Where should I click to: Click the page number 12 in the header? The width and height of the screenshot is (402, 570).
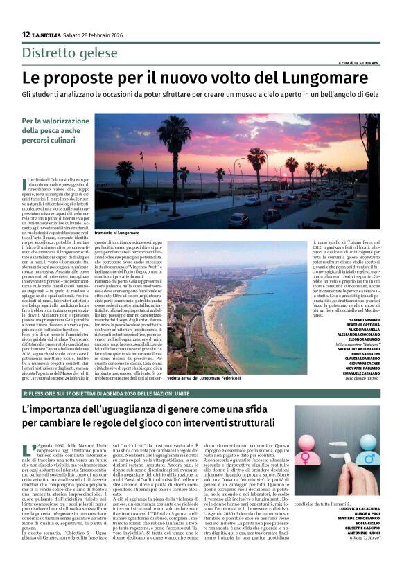pos(26,34)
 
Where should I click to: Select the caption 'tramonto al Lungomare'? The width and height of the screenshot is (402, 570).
pos(117,233)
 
